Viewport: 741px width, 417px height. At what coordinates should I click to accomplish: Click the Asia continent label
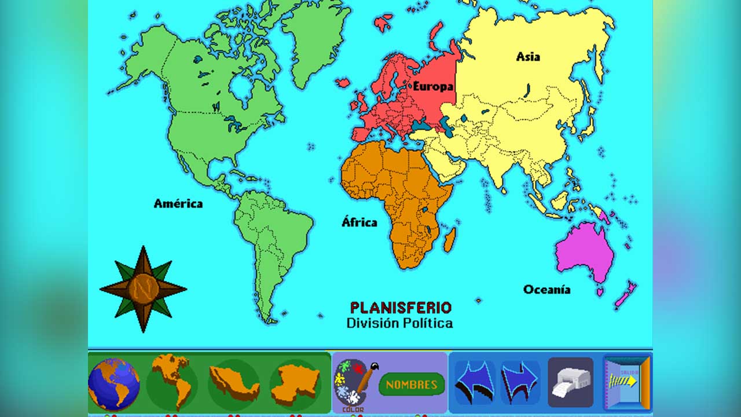click(x=528, y=57)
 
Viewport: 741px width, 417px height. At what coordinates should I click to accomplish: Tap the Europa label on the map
click(x=432, y=86)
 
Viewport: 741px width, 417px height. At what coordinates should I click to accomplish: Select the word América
click(x=178, y=203)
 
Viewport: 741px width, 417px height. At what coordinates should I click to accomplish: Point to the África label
click(x=359, y=222)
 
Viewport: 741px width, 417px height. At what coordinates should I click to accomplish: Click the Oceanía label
click(x=547, y=290)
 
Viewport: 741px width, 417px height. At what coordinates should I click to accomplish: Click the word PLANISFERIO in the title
click(x=401, y=308)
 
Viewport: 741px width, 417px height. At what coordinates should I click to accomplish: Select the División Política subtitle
click(x=399, y=323)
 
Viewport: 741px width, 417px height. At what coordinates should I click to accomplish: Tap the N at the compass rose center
click(x=142, y=288)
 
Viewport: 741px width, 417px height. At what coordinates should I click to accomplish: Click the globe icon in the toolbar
click(x=114, y=383)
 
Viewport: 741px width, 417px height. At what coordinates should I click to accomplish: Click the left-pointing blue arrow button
click(x=474, y=382)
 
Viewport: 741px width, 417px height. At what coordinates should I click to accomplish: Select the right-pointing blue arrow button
click(x=520, y=382)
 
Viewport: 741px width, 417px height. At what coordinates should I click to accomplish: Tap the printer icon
click(x=570, y=382)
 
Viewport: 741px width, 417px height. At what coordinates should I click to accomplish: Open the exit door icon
click(x=628, y=382)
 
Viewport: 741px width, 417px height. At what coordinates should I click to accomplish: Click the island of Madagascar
click(x=450, y=239)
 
